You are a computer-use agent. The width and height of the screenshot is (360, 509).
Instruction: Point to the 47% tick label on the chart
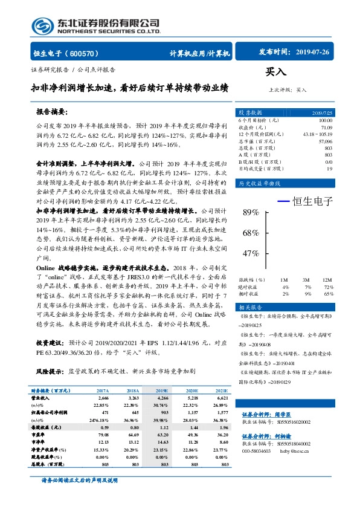pyautogui.click(x=250, y=254)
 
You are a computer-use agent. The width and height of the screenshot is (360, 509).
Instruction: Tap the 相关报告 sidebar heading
pyautogui.click(x=249, y=307)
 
